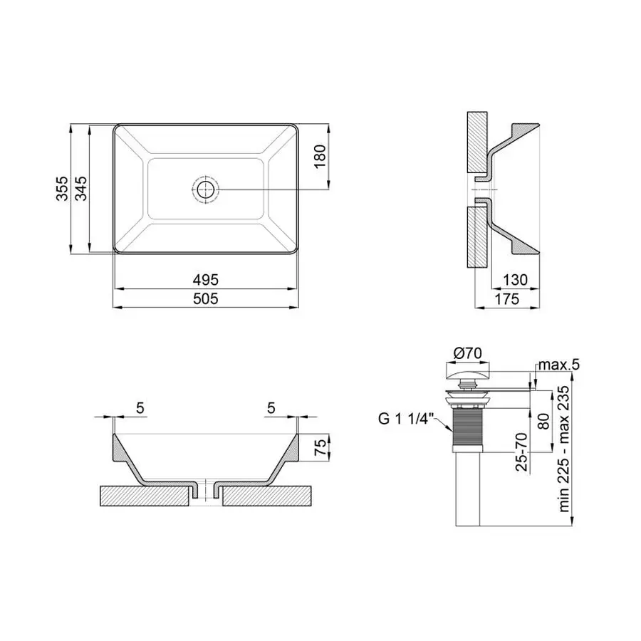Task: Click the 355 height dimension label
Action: coord(62,189)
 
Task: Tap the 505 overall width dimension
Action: coord(207,299)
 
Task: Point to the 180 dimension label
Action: coord(320,156)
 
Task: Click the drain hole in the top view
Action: coord(206,189)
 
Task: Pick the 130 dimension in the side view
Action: coord(514,280)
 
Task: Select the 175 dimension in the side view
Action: coord(507,299)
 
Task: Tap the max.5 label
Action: coord(559,365)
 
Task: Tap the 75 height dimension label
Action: coord(320,448)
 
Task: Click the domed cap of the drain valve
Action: coord(468,372)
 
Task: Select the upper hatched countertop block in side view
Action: coord(476,142)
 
